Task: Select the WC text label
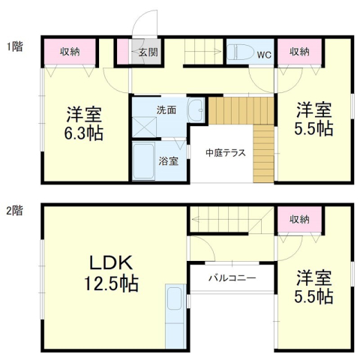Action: click(x=264, y=54)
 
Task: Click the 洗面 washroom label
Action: click(x=166, y=109)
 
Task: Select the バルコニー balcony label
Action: click(x=232, y=278)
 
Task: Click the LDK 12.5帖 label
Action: click(x=112, y=274)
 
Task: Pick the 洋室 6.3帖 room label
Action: click(x=84, y=123)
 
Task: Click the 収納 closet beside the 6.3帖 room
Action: click(x=70, y=52)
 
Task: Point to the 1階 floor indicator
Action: click(x=14, y=46)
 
